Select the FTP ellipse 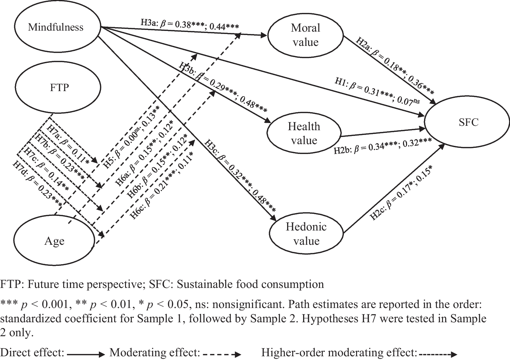59,88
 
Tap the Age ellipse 54,241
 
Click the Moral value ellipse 305,35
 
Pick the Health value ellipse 304,133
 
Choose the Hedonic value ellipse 306,234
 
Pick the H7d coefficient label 38,184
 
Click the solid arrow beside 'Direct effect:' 86,354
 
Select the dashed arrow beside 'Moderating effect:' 222,354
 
